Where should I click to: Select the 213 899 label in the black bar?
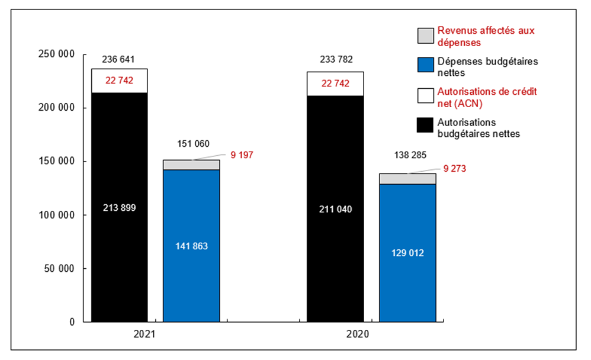coord(119,208)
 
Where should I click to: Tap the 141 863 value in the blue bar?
coord(191,246)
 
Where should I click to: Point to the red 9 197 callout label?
coord(242,155)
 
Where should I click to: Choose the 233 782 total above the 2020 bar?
coord(335,59)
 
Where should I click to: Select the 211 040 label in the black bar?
coord(335,208)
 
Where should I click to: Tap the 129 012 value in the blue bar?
coord(407,253)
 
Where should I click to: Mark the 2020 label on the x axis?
coord(358,335)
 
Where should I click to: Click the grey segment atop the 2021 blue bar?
coord(191,165)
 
